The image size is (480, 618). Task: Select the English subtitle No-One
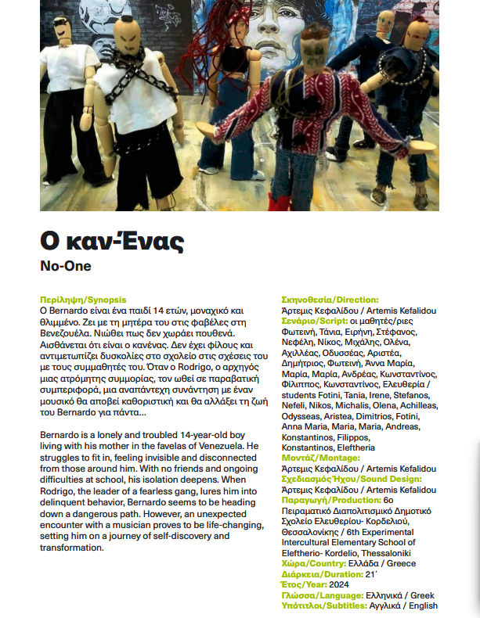pyautogui.click(x=65, y=266)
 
